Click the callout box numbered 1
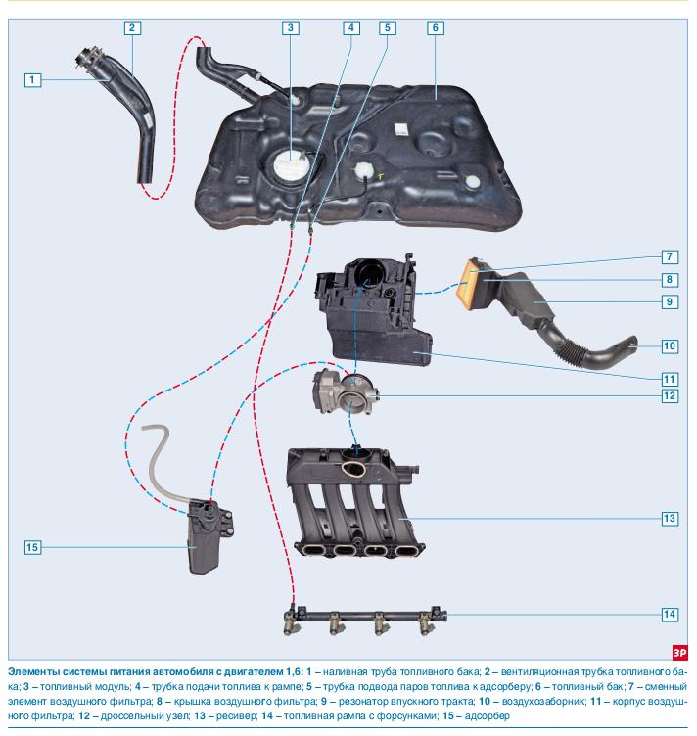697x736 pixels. click(x=33, y=79)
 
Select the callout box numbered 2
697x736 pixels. click(x=132, y=27)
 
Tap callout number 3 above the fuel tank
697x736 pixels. click(x=290, y=27)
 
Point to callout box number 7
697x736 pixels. click(x=670, y=257)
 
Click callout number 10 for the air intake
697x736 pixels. click(x=670, y=345)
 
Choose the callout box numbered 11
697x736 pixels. click(x=670, y=378)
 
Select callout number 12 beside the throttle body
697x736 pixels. click(x=670, y=396)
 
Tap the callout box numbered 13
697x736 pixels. click(x=670, y=517)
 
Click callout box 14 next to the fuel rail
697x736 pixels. click(x=670, y=615)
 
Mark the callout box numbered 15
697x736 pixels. click(x=33, y=548)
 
